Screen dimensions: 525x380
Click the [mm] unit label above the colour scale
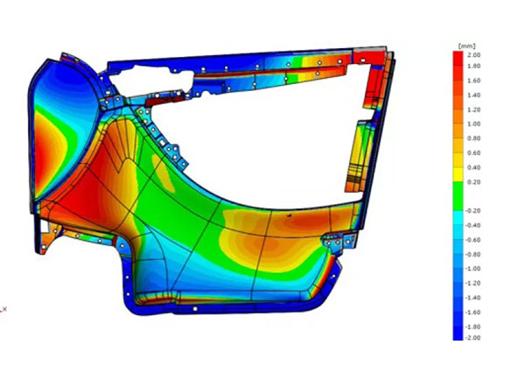466,46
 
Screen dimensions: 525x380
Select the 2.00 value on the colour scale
474,55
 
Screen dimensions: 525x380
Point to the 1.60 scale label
474,81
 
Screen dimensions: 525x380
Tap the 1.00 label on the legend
474,124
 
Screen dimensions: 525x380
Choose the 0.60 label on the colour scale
474,153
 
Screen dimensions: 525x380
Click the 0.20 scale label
474,182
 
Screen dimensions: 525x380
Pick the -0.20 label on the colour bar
472,211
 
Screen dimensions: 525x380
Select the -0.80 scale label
472,255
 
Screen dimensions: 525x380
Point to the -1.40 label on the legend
472,298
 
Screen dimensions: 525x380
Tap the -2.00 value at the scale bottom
472,338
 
